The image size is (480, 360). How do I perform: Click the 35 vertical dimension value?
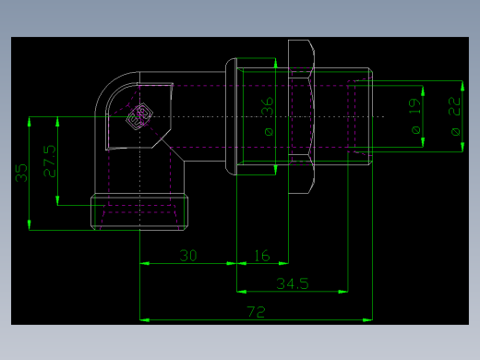tap(19, 173)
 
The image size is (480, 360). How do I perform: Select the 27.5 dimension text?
tap(49, 161)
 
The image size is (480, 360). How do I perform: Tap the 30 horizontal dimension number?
tap(188, 255)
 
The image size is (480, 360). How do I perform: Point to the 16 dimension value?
tap(262, 255)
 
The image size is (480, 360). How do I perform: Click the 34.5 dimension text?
tap(291, 283)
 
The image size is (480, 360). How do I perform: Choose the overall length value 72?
tap(257, 313)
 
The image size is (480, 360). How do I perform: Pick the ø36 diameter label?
tap(268, 118)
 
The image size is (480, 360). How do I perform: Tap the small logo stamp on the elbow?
tap(138, 116)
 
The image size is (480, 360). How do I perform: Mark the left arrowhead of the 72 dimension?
tap(144, 320)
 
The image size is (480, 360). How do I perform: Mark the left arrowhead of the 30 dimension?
tap(144, 263)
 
